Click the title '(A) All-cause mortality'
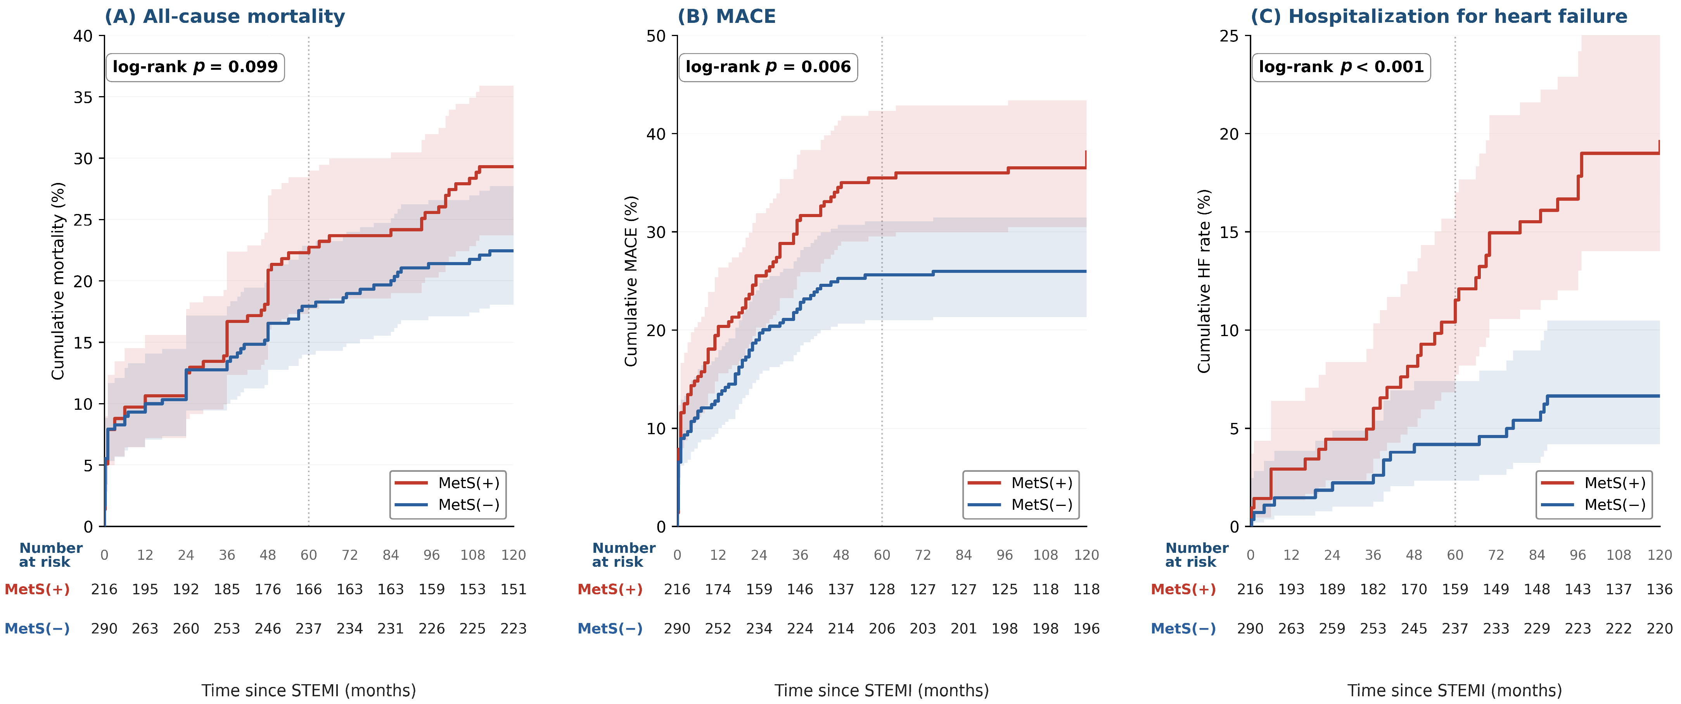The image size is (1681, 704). (225, 16)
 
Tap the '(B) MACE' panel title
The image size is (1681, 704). (726, 16)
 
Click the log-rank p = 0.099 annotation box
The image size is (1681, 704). (195, 67)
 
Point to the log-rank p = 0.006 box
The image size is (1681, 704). (768, 67)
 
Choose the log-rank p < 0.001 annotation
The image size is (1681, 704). (1341, 67)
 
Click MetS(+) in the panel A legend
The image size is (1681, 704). (469, 483)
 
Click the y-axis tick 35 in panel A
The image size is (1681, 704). (83, 97)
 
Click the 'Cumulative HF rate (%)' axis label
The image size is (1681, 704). (1204, 281)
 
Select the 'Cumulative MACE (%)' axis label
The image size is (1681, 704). (631, 281)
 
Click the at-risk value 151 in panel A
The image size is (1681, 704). (514, 589)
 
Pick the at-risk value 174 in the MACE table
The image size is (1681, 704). (718, 589)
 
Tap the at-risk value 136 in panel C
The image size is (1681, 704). (1659, 589)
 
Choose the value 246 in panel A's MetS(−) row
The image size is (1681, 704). (268, 628)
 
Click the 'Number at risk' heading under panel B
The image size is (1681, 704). (623, 555)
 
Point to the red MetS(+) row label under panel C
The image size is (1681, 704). (1183, 589)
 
